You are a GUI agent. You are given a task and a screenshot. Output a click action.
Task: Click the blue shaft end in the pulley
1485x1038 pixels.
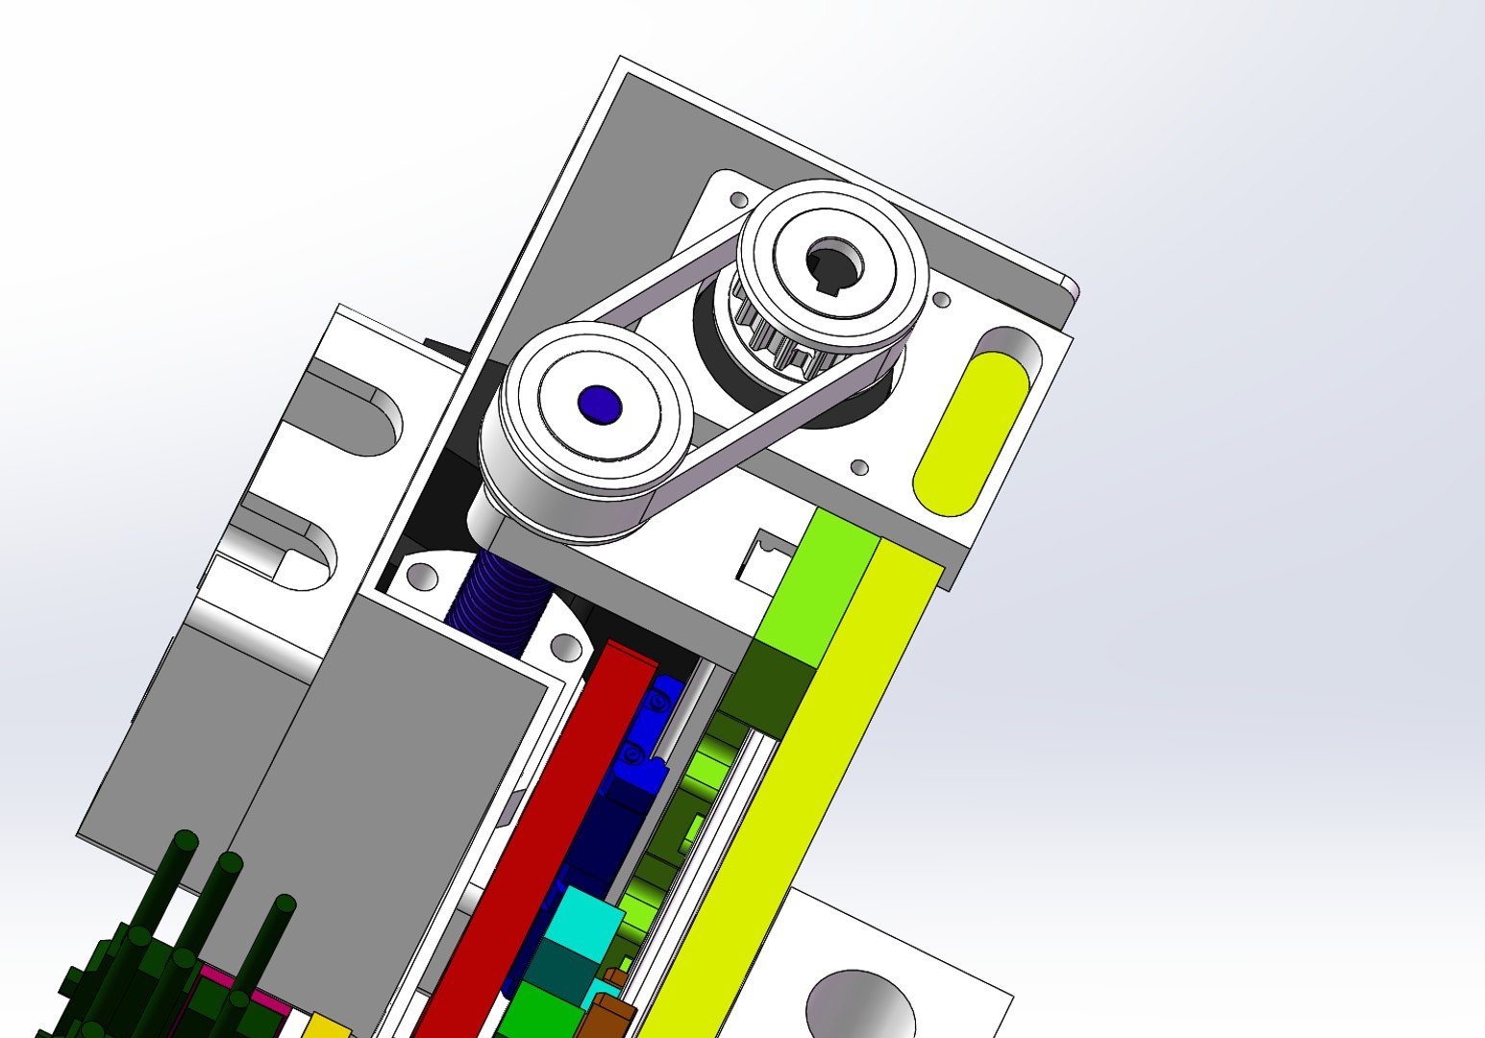599,405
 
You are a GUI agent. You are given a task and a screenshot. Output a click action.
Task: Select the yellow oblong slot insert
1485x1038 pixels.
970,432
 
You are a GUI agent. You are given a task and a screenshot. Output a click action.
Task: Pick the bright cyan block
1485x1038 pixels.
585,918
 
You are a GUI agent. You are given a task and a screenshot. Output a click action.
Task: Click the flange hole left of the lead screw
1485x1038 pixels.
422,577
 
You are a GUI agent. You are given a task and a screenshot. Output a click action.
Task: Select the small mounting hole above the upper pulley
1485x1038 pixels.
739,200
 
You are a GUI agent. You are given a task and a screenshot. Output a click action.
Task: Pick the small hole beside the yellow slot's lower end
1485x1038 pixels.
860,468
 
